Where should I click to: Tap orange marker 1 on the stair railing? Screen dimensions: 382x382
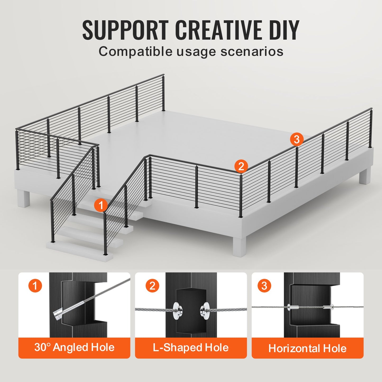coord(101,205)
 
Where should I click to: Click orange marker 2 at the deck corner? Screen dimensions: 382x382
coord(241,166)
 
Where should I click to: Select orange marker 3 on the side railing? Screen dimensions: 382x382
coord(297,139)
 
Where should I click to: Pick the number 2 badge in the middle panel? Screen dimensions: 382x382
coord(152,286)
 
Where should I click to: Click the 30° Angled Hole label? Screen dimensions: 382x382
coord(74,347)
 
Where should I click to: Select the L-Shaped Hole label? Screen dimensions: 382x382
coord(191,347)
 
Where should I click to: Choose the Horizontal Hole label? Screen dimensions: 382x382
coord(307,348)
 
